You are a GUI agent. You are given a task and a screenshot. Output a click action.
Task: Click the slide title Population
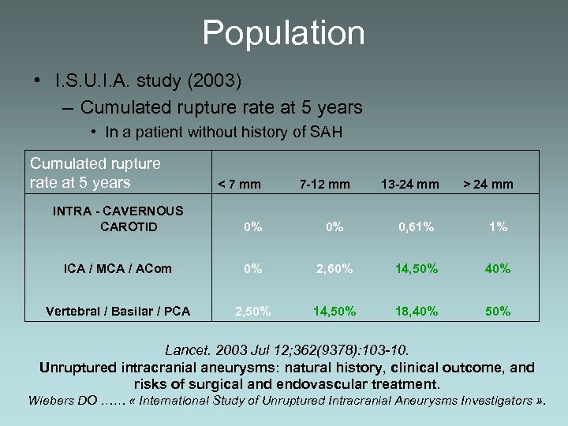[284, 33]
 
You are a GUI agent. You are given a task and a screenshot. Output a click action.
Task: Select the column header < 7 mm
[239, 185]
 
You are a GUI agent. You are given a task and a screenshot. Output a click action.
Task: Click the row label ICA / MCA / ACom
[118, 269]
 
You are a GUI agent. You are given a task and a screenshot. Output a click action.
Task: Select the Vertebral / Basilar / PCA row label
[118, 311]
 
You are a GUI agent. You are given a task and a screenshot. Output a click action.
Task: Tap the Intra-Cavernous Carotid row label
[118, 219]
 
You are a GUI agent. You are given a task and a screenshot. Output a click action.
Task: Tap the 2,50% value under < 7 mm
[253, 311]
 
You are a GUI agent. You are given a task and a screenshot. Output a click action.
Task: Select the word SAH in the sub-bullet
[327, 133]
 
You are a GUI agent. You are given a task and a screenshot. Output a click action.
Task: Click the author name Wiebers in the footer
[54, 401]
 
